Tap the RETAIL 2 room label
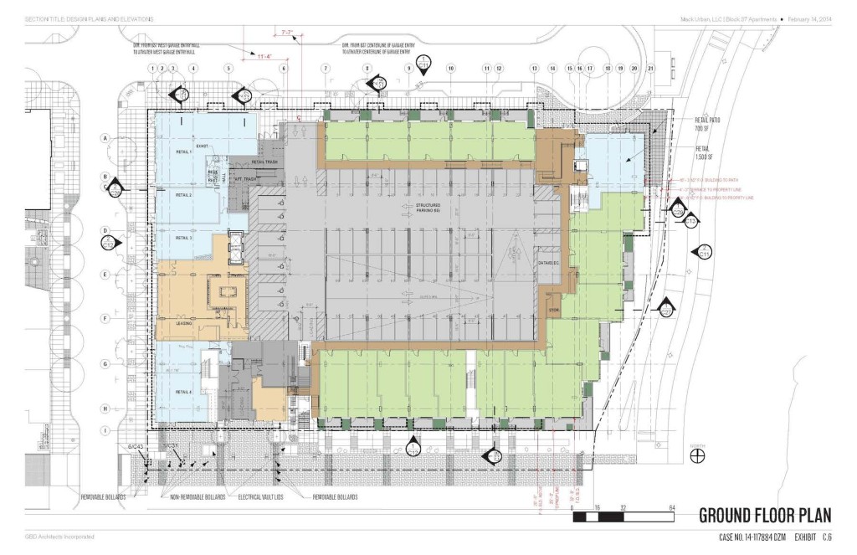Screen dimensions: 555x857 click(184, 195)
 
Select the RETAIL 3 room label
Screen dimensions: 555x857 click(184, 238)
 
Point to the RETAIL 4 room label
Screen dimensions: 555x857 click(184, 392)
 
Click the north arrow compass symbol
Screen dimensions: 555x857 click(695, 455)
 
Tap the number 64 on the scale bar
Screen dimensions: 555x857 click(672, 508)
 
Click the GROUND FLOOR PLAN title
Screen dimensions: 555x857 click(765, 515)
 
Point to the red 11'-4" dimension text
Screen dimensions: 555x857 click(265, 56)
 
